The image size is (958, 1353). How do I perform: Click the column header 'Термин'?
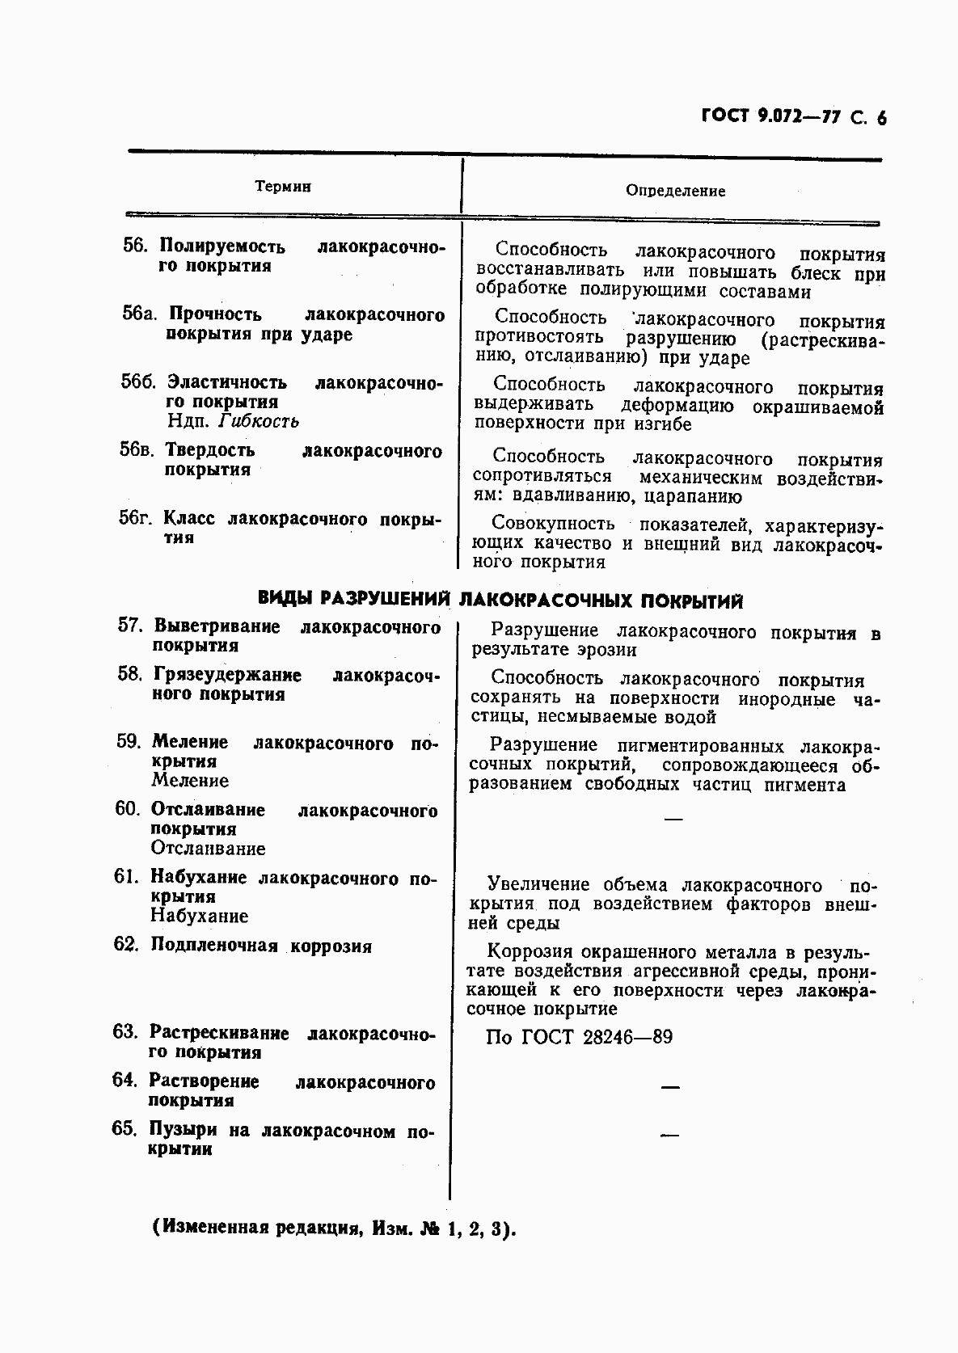pyautogui.click(x=283, y=187)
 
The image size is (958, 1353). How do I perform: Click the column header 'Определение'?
pyautogui.click(x=675, y=192)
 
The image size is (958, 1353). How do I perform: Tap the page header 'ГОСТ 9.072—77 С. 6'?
pyautogui.click(x=793, y=117)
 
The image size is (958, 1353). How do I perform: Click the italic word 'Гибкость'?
pyautogui.click(x=259, y=421)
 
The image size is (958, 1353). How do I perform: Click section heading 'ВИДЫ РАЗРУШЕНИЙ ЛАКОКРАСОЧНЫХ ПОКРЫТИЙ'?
pyautogui.click(x=500, y=600)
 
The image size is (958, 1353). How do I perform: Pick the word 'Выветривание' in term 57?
pyautogui.click(x=217, y=626)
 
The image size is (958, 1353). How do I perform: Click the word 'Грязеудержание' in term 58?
pyautogui.click(x=227, y=675)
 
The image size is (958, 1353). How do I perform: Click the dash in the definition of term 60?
pyautogui.click(x=672, y=820)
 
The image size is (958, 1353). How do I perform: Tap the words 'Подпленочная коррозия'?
pyautogui.click(x=261, y=946)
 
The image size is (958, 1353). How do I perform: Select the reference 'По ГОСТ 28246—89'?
pyautogui.click(x=579, y=1037)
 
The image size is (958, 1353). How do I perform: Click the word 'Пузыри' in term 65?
pyautogui.click(x=184, y=1130)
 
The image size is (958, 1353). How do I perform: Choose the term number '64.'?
pyautogui.click(x=128, y=1081)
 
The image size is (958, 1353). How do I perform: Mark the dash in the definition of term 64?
pyautogui.click(x=669, y=1088)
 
